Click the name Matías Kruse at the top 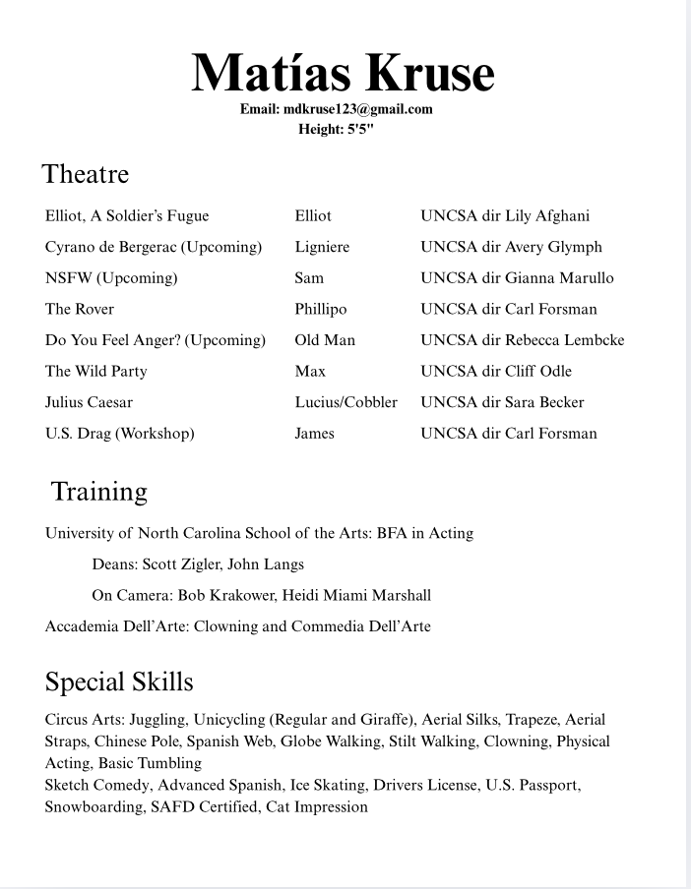tap(343, 73)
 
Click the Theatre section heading tap(86, 174)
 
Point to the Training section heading tap(98, 491)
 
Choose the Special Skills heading tap(119, 682)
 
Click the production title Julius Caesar tap(89, 402)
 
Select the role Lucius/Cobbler tap(345, 402)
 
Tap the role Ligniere tap(322, 247)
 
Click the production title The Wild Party tap(95, 371)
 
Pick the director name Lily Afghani tap(547, 215)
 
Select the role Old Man tap(325, 340)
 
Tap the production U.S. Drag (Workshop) tap(119, 434)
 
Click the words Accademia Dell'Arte tap(116, 626)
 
